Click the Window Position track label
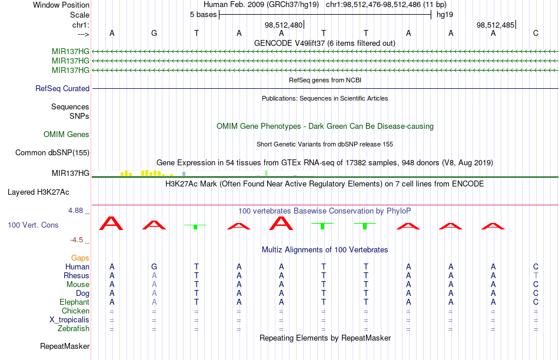(x=61, y=5)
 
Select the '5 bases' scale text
(x=203, y=15)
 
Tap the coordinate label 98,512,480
(x=284, y=25)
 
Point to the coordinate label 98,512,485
(x=495, y=25)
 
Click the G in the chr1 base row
(x=154, y=33)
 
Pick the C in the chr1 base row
(x=535, y=33)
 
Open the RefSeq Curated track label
(x=62, y=88)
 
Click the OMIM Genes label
(x=66, y=134)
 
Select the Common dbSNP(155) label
(x=52, y=152)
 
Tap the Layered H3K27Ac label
(x=38, y=192)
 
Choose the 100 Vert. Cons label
(x=33, y=225)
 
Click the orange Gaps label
(x=80, y=258)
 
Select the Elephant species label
(x=74, y=302)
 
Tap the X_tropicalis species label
(x=69, y=320)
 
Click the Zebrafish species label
(x=74, y=328)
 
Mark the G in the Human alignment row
(x=154, y=266)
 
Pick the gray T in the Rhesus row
(x=535, y=275)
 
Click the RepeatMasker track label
(x=65, y=346)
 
